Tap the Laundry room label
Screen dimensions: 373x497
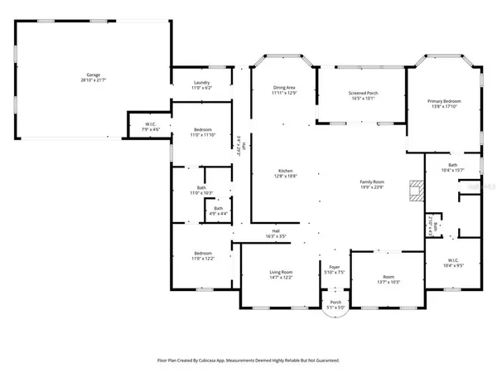201,85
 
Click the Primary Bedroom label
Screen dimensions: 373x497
444,104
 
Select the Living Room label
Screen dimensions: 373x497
282,274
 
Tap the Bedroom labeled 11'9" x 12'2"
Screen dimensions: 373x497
204,255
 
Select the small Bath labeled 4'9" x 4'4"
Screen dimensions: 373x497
218,211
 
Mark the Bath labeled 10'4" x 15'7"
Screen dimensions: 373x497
452,168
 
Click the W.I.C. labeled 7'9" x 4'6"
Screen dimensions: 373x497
150,127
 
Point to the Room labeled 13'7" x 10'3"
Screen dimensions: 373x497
388,279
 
